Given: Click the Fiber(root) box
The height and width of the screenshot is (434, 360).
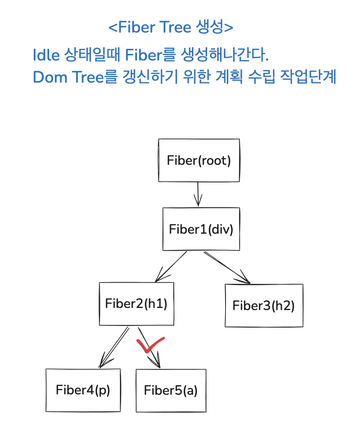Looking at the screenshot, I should point(199,161).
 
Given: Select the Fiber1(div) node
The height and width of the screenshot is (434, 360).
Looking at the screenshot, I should point(201,229).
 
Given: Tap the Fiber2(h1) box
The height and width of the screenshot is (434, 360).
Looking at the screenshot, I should point(136,303).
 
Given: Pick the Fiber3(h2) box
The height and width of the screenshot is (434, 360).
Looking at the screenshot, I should point(264,305).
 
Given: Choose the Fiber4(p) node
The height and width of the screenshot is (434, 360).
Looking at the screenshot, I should point(83,390).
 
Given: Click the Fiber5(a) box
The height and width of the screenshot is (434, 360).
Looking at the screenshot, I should point(171,391).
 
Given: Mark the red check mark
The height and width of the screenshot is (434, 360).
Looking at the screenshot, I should point(150,345).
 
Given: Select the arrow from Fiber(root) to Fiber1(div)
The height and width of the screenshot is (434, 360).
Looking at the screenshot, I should point(198,194).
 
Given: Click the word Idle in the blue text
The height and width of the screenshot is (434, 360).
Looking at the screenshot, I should point(46,55).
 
